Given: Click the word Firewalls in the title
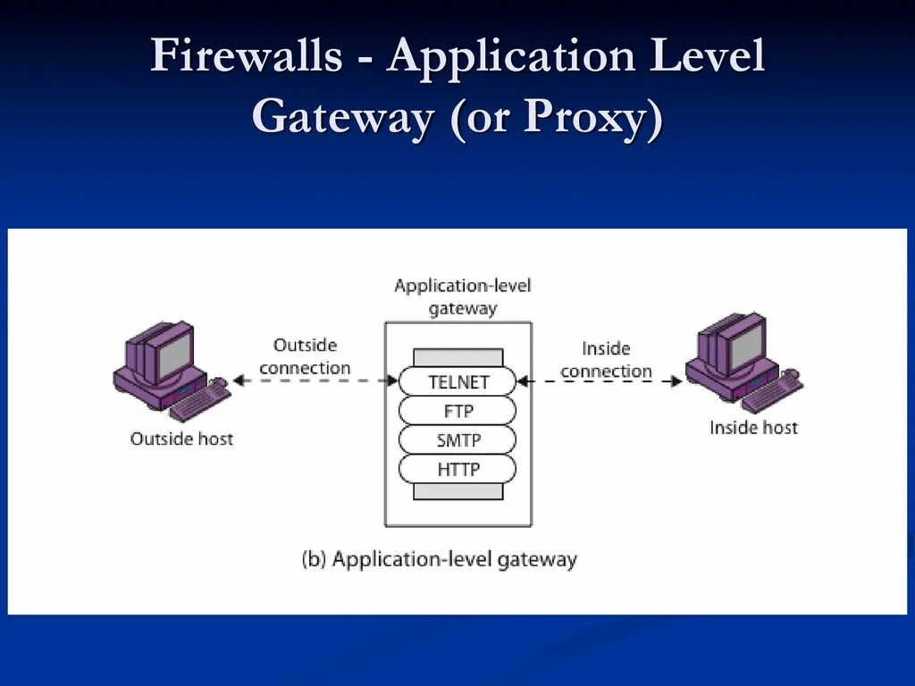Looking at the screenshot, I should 246,55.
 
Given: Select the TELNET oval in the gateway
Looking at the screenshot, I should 457,381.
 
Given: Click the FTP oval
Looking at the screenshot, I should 457,411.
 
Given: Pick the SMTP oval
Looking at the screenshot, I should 457,439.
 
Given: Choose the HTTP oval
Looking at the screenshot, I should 457,469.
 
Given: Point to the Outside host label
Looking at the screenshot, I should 181,439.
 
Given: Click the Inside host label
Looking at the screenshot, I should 753,428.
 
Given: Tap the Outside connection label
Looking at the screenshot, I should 305,356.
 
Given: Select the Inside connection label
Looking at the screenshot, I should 606,359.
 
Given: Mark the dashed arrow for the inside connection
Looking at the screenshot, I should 600,381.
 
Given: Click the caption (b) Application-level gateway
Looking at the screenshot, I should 439,560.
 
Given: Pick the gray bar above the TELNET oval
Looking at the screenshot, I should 457,357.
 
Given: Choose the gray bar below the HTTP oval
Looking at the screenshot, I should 457,491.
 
